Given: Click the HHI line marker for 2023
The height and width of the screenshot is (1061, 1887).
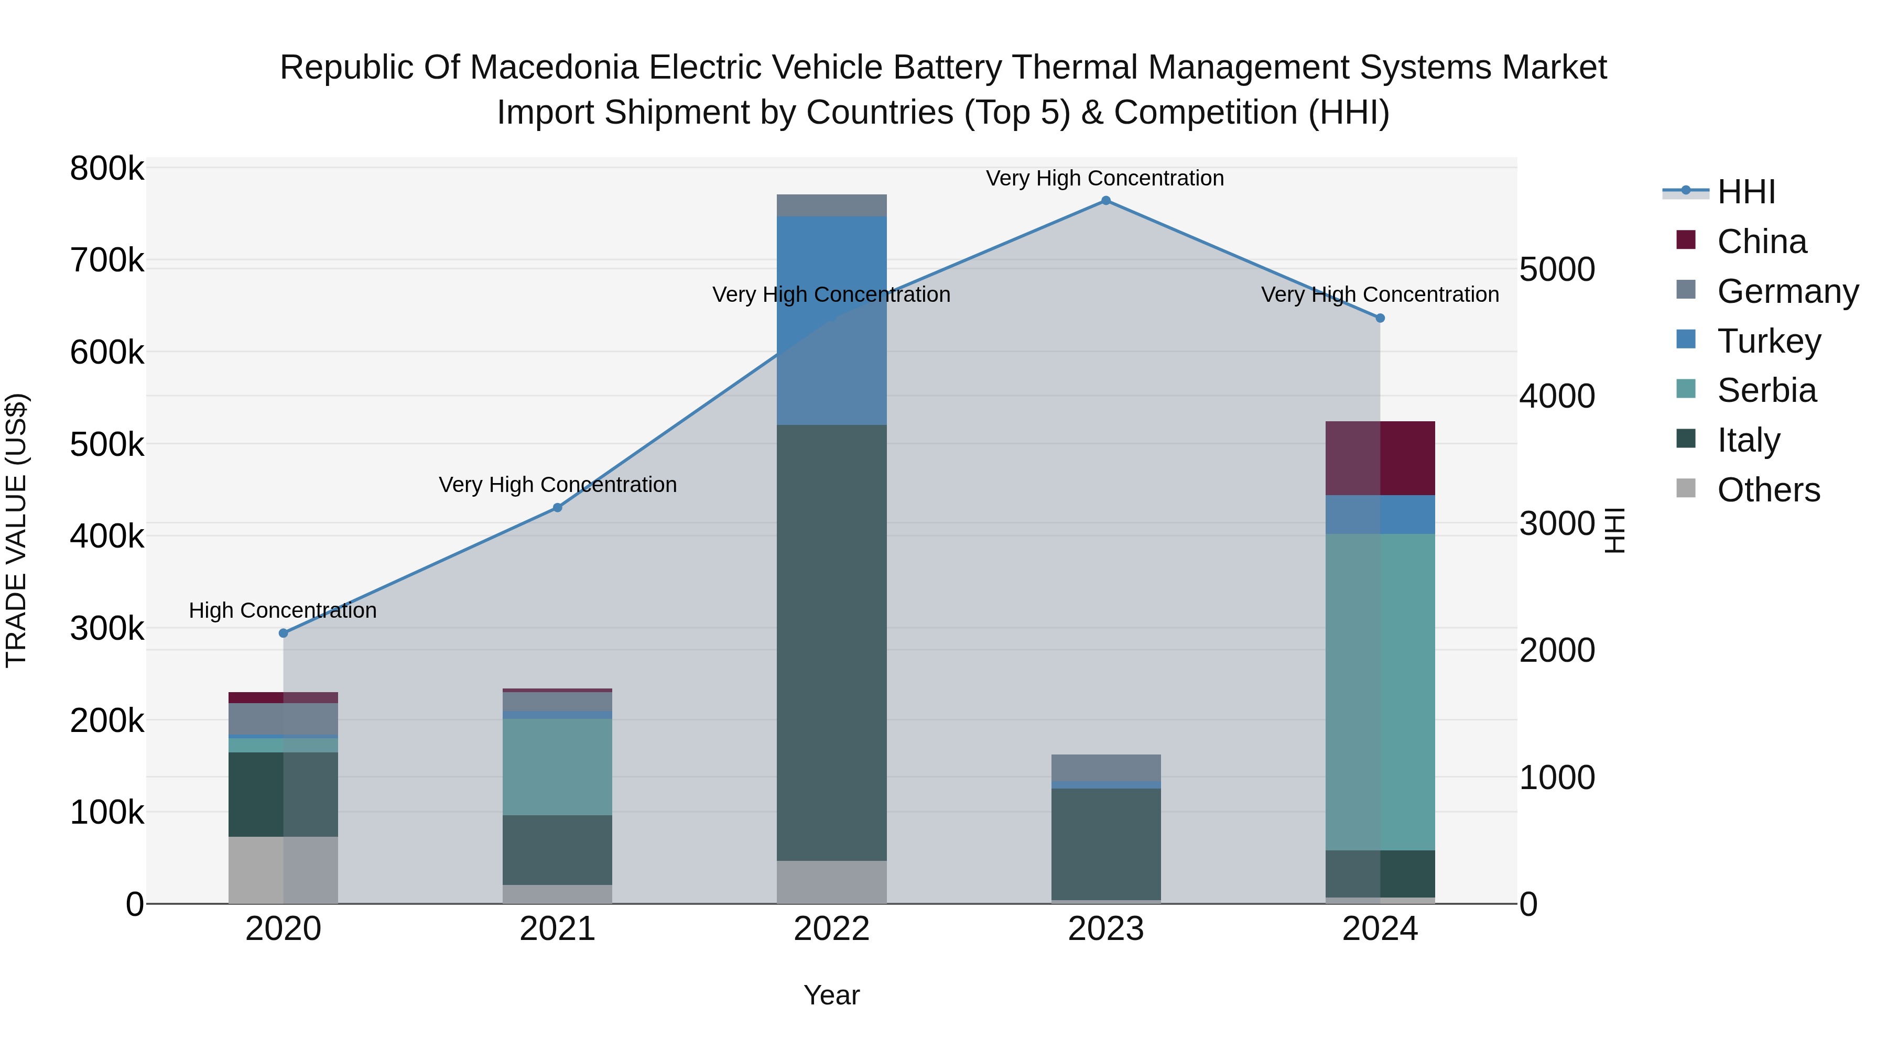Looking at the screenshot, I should click(1105, 201).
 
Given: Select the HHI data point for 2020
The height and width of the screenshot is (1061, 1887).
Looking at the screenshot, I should click(284, 632).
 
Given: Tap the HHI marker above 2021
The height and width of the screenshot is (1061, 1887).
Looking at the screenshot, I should click(558, 507).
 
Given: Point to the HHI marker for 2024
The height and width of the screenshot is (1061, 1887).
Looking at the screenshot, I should click(1380, 318).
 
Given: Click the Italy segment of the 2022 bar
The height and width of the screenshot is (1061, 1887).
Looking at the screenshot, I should click(831, 642).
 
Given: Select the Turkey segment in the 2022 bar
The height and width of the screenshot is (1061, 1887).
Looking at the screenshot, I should click(831, 320).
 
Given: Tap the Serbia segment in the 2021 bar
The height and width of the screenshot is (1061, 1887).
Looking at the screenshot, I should click(558, 766).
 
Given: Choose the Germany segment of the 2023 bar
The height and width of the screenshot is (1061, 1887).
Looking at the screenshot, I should click(1105, 768).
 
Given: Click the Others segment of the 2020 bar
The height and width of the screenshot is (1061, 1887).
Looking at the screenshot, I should click(284, 869).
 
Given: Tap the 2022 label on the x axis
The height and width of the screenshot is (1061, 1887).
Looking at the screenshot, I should click(831, 929).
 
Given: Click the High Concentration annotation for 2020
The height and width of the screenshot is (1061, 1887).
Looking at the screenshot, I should click(283, 610).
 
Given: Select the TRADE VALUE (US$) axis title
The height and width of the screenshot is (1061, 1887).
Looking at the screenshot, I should click(16, 530).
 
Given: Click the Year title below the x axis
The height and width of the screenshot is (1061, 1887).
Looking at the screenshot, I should click(831, 995).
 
